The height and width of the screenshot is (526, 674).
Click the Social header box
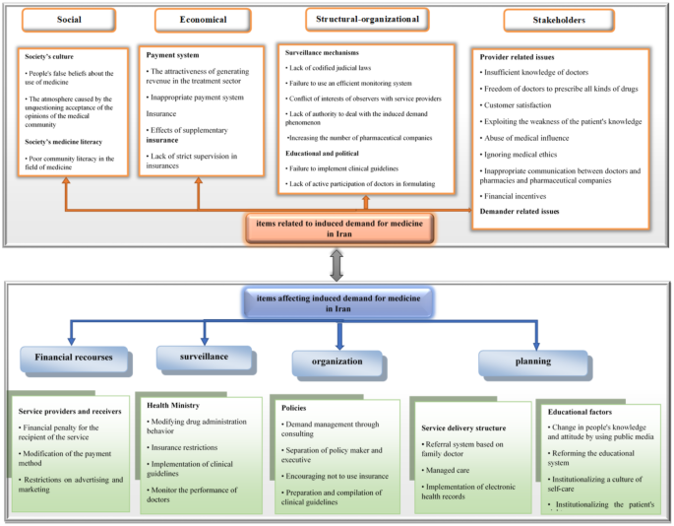click(69, 19)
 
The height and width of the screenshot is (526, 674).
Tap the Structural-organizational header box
click(367, 18)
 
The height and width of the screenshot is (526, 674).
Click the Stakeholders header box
click(559, 20)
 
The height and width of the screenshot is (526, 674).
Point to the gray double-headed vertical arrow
click(336, 264)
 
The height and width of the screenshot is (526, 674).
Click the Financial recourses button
click(74, 360)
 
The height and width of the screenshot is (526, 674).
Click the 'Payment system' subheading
click(167, 56)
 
